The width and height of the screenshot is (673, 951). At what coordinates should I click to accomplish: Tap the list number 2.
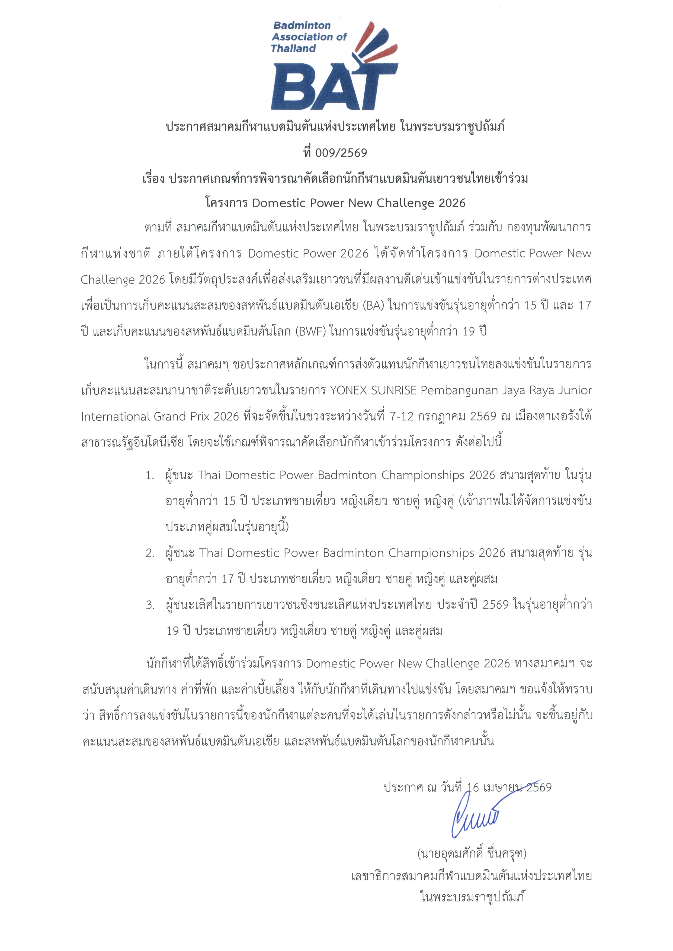coord(150,553)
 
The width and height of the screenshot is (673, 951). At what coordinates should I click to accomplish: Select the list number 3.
coord(150,605)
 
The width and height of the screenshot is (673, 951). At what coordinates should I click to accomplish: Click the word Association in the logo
coord(304,37)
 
